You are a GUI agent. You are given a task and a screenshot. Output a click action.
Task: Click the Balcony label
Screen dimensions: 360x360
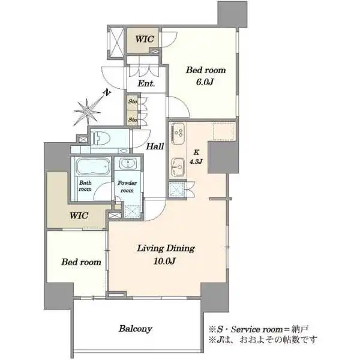pos(136,329)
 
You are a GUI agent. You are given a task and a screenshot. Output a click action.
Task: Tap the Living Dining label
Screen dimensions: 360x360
pos(166,248)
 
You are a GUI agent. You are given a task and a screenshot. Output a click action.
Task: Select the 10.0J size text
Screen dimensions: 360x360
pos(164,261)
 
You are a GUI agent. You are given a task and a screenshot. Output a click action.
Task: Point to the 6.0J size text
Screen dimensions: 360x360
pos(205,82)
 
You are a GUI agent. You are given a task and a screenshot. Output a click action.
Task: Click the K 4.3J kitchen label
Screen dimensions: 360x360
pos(196,157)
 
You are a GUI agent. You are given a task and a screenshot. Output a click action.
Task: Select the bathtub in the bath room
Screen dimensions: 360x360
pos(93,166)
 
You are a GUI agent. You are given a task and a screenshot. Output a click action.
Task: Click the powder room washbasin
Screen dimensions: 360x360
pos(128,164)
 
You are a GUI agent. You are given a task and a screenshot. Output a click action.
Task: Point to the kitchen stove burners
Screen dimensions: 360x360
pos(178,133)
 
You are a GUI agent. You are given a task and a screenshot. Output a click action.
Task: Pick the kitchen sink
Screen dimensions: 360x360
pos(178,166)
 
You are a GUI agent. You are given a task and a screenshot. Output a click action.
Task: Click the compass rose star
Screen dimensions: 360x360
pos(88,112)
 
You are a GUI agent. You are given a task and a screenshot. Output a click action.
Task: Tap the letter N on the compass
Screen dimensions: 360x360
pos(107,92)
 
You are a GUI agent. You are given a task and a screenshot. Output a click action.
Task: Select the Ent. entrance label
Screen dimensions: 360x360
pos(146,83)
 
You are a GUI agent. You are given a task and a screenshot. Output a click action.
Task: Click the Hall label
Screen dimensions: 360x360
pos(155,146)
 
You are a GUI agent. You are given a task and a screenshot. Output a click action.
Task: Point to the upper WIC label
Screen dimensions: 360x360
pos(144,39)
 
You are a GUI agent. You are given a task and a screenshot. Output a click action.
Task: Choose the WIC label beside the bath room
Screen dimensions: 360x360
pos(79,215)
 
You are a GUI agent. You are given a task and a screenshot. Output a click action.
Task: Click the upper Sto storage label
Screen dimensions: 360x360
pos(133,101)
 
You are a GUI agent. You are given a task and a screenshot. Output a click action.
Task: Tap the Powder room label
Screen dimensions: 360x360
pos(127,187)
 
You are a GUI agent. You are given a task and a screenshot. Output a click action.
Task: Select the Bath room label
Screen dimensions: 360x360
pos(85,186)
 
